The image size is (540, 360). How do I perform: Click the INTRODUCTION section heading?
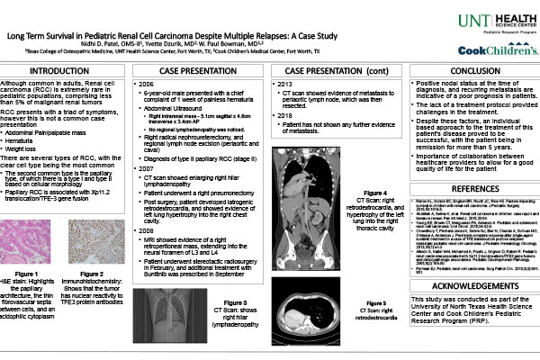65,71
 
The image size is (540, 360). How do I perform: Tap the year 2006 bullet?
144,84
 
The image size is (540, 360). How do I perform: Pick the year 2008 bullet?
144,230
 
